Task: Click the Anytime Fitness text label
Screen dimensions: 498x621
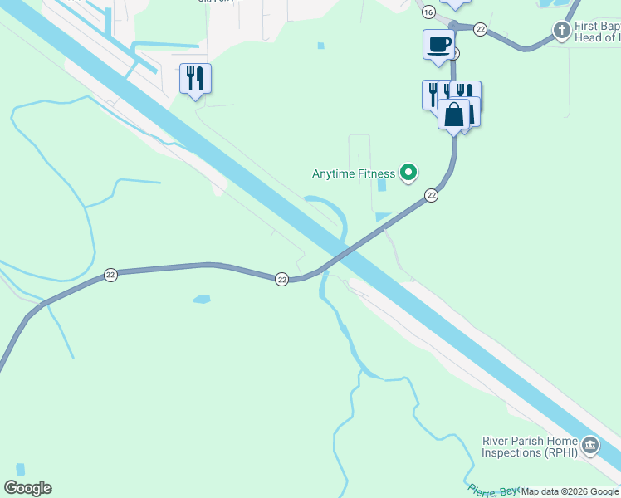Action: [354, 173]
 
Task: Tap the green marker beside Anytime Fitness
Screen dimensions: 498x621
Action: [408, 173]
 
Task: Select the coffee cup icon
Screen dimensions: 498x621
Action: [438, 45]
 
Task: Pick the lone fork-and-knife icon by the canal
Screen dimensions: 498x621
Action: [195, 79]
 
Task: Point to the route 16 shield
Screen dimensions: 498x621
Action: [428, 12]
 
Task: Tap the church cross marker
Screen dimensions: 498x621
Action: [561, 31]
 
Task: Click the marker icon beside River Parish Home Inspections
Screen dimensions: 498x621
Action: [590, 446]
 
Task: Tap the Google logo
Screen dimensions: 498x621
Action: [27, 488]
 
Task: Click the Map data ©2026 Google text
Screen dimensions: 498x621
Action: [570, 492]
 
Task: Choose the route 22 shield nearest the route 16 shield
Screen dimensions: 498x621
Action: [480, 29]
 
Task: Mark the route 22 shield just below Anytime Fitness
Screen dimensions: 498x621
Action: [431, 195]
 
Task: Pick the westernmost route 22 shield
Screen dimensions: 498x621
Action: [110, 275]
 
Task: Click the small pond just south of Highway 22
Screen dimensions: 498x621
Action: [201, 298]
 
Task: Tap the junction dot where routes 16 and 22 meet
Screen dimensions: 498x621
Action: [453, 26]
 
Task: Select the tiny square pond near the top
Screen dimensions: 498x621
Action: [320, 46]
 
